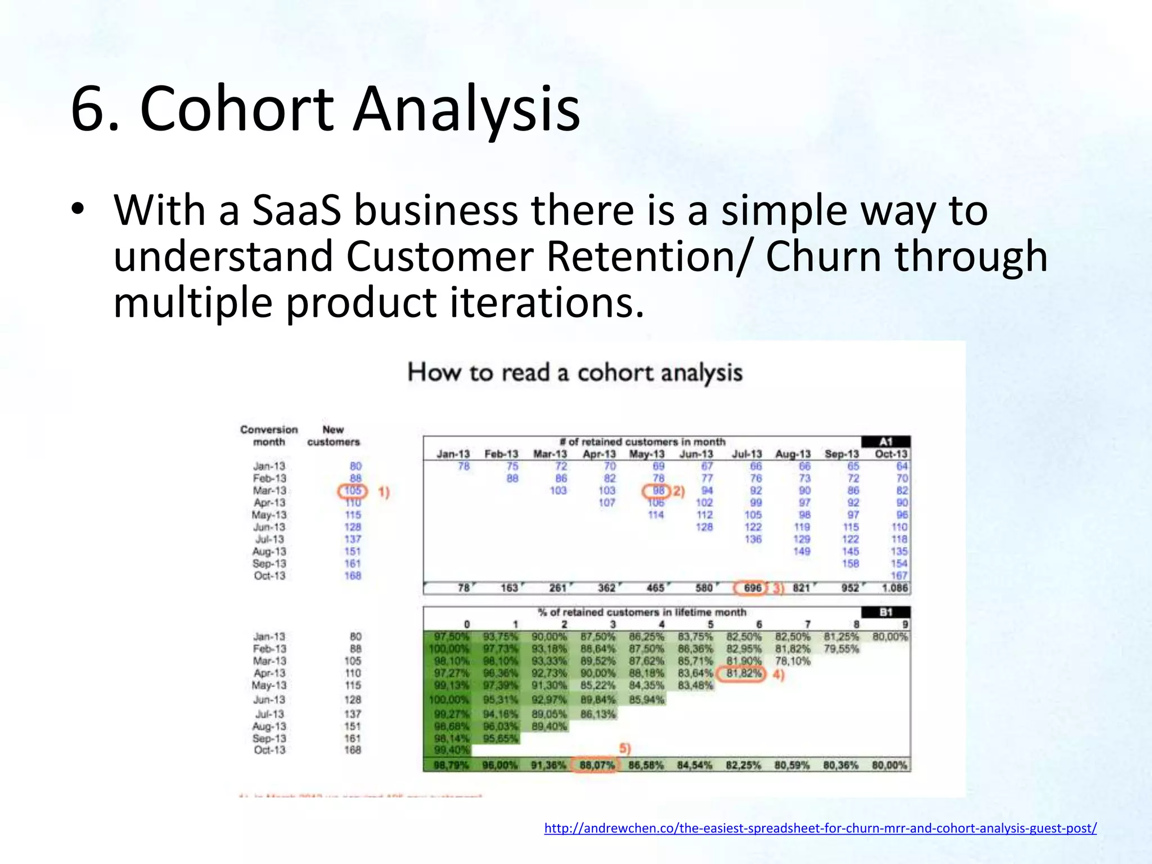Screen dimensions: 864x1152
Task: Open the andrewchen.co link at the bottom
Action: tap(820, 828)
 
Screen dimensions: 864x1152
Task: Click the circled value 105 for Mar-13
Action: tap(353, 491)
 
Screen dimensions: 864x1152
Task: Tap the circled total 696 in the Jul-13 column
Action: tap(752, 588)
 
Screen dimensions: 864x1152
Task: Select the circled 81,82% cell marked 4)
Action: tap(744, 674)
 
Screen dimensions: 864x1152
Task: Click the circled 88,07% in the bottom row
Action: tap(595, 766)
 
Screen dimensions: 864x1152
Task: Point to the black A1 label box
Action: tap(886, 442)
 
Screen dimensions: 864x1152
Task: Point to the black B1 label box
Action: tap(886, 612)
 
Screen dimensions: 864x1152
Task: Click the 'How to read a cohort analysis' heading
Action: tap(575, 372)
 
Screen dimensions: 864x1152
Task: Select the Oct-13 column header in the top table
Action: tap(891, 454)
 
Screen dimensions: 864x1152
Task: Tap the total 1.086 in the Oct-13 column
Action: tap(894, 588)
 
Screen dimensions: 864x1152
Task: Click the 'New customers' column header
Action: tap(333, 436)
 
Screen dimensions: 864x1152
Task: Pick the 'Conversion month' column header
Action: tap(269, 436)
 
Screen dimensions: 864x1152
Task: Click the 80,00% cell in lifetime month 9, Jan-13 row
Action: tap(890, 637)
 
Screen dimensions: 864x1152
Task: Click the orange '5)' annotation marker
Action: tap(625, 749)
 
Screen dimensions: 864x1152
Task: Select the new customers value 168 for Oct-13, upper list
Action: tap(353, 576)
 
